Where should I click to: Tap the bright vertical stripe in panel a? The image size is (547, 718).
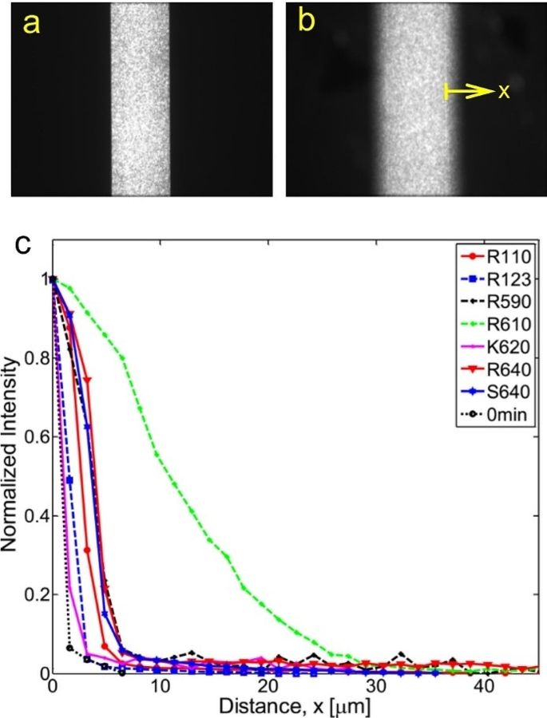140,100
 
